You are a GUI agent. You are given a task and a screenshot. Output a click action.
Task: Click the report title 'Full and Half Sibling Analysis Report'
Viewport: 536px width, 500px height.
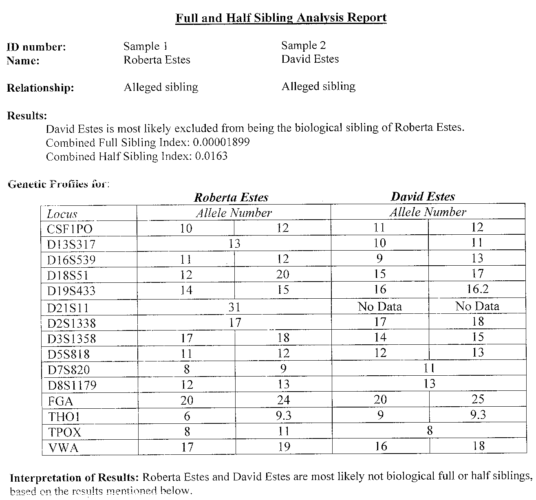pyautogui.click(x=281, y=18)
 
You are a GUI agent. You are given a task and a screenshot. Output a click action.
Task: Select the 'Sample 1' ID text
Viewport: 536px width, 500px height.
pyautogui.click(x=145, y=46)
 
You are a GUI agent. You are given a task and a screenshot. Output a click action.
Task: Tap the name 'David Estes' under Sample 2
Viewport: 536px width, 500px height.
pyautogui.click(x=310, y=59)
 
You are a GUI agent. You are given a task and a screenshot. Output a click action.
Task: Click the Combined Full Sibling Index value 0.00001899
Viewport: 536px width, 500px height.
pyautogui.click(x=221, y=142)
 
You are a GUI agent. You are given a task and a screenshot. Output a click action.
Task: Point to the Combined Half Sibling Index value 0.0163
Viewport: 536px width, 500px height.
pyautogui.click(x=211, y=156)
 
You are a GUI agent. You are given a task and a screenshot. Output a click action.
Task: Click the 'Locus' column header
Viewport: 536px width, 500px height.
pyautogui.click(x=62, y=214)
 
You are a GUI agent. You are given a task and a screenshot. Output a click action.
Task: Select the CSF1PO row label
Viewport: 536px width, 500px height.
pyautogui.click(x=70, y=229)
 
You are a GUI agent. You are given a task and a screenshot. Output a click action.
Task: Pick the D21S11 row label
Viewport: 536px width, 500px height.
pyautogui.click(x=68, y=308)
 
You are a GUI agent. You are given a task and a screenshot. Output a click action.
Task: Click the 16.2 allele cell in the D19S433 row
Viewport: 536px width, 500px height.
pyautogui.click(x=477, y=289)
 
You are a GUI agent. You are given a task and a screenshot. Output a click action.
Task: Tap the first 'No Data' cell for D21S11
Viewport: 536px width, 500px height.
pyautogui.click(x=379, y=306)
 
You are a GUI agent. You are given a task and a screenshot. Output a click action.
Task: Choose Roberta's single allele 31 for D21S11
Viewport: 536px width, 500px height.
pyautogui.click(x=234, y=307)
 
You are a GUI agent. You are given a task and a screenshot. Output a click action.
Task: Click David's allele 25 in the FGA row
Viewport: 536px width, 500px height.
pyautogui.click(x=477, y=399)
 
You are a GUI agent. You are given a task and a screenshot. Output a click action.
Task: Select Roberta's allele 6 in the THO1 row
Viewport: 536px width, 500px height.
pyautogui.click(x=186, y=416)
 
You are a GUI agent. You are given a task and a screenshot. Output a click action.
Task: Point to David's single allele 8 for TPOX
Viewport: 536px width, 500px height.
pyautogui.click(x=429, y=431)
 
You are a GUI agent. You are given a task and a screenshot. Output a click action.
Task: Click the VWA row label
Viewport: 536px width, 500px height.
pyautogui.click(x=63, y=448)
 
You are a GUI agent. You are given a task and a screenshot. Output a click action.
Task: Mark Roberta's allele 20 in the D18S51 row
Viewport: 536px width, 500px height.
pyautogui.click(x=282, y=275)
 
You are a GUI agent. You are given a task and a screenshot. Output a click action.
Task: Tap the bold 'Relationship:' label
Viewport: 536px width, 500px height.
pyautogui.click(x=40, y=88)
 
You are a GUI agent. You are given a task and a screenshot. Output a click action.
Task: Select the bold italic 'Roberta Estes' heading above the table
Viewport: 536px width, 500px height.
pyautogui.click(x=231, y=198)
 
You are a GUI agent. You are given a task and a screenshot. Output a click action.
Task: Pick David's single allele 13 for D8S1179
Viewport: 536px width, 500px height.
pyautogui.click(x=429, y=384)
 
